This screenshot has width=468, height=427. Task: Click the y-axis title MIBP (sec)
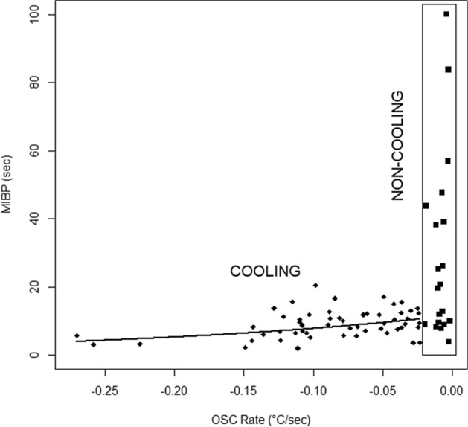pyautogui.click(x=8, y=185)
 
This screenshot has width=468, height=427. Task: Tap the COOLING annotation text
pyautogui.click(x=265, y=272)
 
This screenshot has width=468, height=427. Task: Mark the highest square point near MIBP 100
pyautogui.click(x=446, y=14)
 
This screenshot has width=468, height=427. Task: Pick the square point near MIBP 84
pyautogui.click(x=448, y=70)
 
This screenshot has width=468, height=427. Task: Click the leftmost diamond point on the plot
pyautogui.click(x=77, y=335)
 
